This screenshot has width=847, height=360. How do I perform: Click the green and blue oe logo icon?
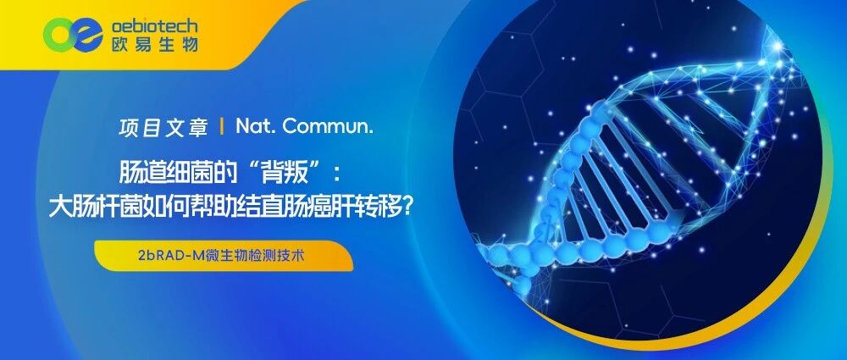(x=73, y=35)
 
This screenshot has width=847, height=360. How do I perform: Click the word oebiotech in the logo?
(x=154, y=25)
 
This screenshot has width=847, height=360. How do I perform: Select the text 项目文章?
(x=163, y=128)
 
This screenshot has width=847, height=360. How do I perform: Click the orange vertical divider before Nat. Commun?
(x=222, y=128)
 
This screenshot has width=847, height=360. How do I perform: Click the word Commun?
(x=328, y=128)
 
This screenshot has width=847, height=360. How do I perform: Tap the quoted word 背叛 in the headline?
(x=287, y=174)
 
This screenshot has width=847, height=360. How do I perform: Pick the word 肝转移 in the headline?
(x=368, y=207)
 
